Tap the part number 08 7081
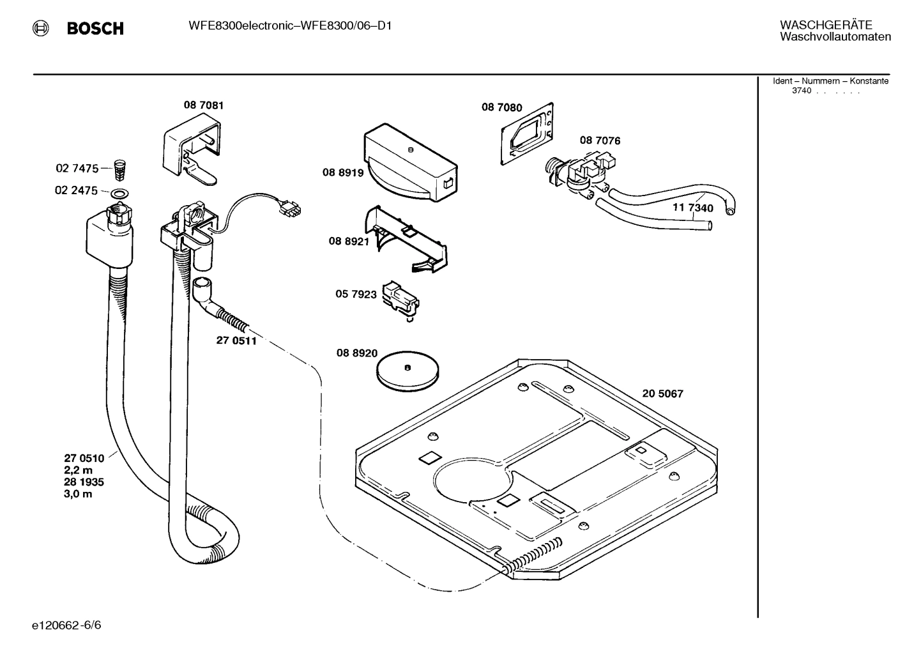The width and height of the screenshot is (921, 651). (204, 105)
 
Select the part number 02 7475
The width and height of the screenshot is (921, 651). (77, 169)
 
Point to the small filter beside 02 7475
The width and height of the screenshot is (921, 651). (118, 169)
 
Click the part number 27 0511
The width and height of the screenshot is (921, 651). (236, 341)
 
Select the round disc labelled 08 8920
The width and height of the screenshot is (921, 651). (407, 371)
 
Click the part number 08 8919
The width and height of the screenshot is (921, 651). (342, 172)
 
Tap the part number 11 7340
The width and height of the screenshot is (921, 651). (693, 208)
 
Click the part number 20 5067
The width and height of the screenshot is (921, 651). (662, 394)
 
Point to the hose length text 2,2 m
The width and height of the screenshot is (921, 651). (78, 470)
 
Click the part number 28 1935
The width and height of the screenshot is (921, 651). (84, 482)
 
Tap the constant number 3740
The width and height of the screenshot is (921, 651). (802, 91)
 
